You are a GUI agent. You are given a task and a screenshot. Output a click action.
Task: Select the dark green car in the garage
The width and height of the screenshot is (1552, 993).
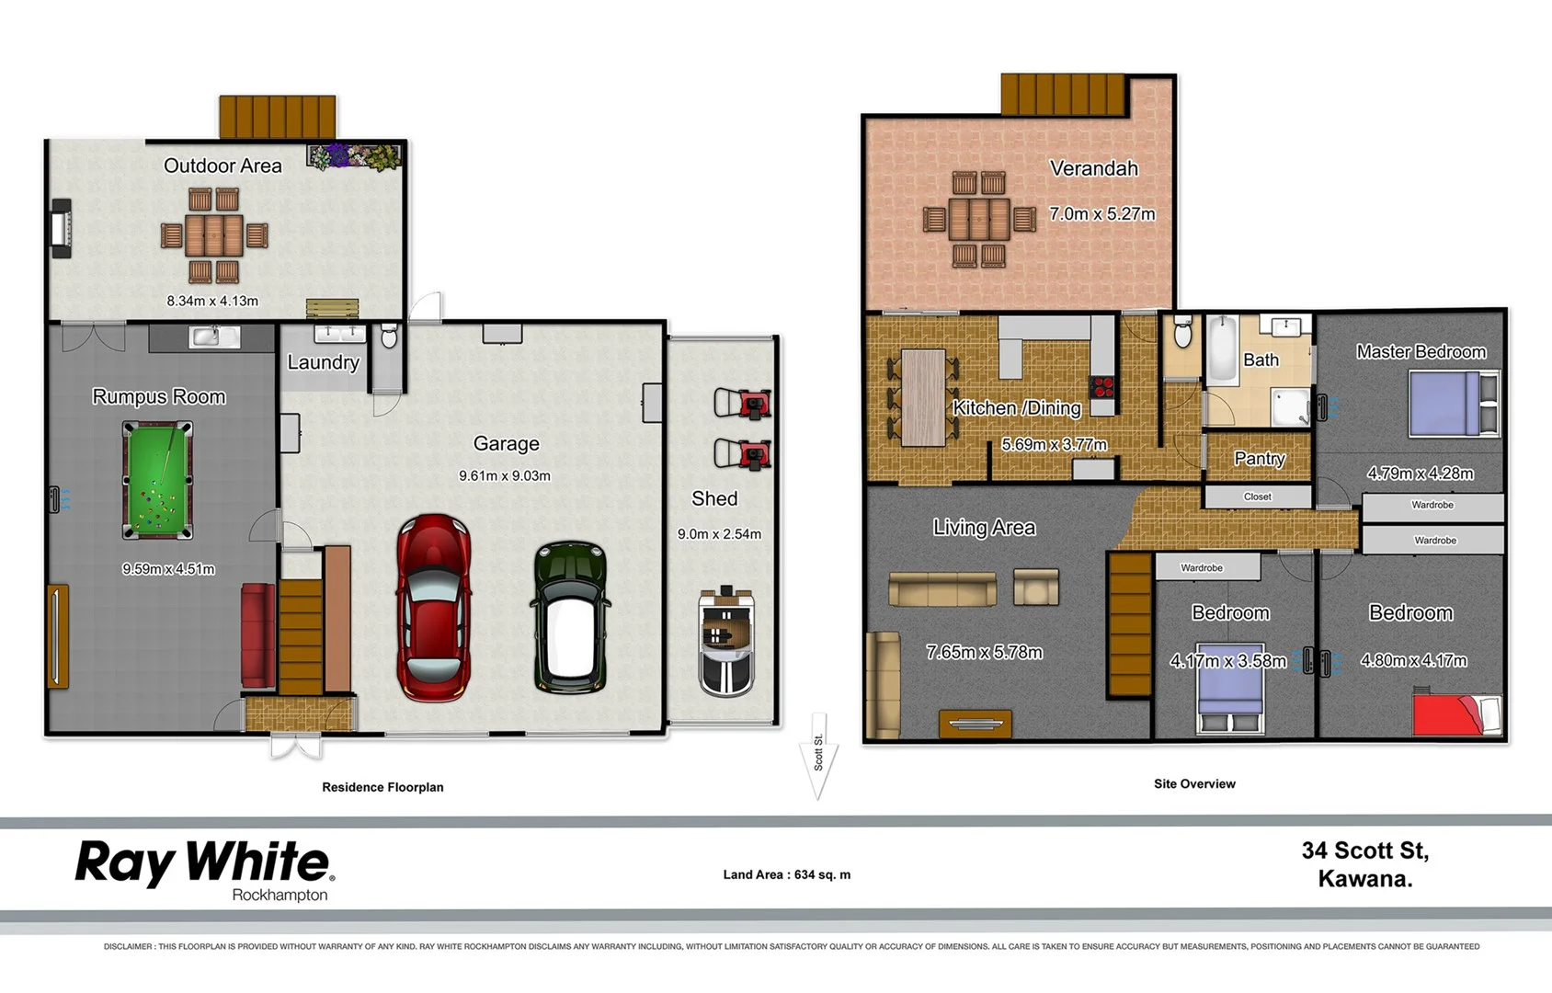570,616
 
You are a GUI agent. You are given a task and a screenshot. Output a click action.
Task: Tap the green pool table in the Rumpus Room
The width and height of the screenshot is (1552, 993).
158,479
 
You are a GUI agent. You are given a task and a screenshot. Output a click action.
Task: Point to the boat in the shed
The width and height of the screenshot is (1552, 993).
726,641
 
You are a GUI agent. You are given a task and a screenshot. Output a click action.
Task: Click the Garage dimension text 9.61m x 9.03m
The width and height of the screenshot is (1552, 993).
505,475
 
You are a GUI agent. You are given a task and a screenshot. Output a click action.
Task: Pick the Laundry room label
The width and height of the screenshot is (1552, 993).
323,362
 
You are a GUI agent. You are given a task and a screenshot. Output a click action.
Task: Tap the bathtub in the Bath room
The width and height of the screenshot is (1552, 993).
1222,348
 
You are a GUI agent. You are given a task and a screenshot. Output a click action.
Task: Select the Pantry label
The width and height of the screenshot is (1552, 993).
1259,458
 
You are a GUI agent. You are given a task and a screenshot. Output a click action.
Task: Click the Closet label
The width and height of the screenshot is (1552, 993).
1257,496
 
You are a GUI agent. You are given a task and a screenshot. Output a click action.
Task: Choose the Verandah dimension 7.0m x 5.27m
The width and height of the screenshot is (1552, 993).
1101,213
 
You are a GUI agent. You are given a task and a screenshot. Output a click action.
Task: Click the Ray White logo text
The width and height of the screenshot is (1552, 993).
203,863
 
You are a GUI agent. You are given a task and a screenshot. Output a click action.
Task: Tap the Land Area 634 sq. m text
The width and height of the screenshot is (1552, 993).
786,874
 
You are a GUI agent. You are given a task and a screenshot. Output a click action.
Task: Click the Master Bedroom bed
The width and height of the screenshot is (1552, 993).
1452,403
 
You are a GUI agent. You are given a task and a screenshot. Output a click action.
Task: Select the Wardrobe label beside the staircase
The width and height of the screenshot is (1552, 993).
1201,567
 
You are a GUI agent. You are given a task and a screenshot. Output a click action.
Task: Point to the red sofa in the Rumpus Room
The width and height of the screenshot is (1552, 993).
257,634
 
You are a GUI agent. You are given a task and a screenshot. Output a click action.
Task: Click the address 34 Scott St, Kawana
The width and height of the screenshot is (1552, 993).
1364,864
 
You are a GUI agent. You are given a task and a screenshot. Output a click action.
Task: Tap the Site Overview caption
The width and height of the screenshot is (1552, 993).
1194,783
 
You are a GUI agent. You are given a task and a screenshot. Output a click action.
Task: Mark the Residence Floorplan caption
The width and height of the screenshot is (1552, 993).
382,787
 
